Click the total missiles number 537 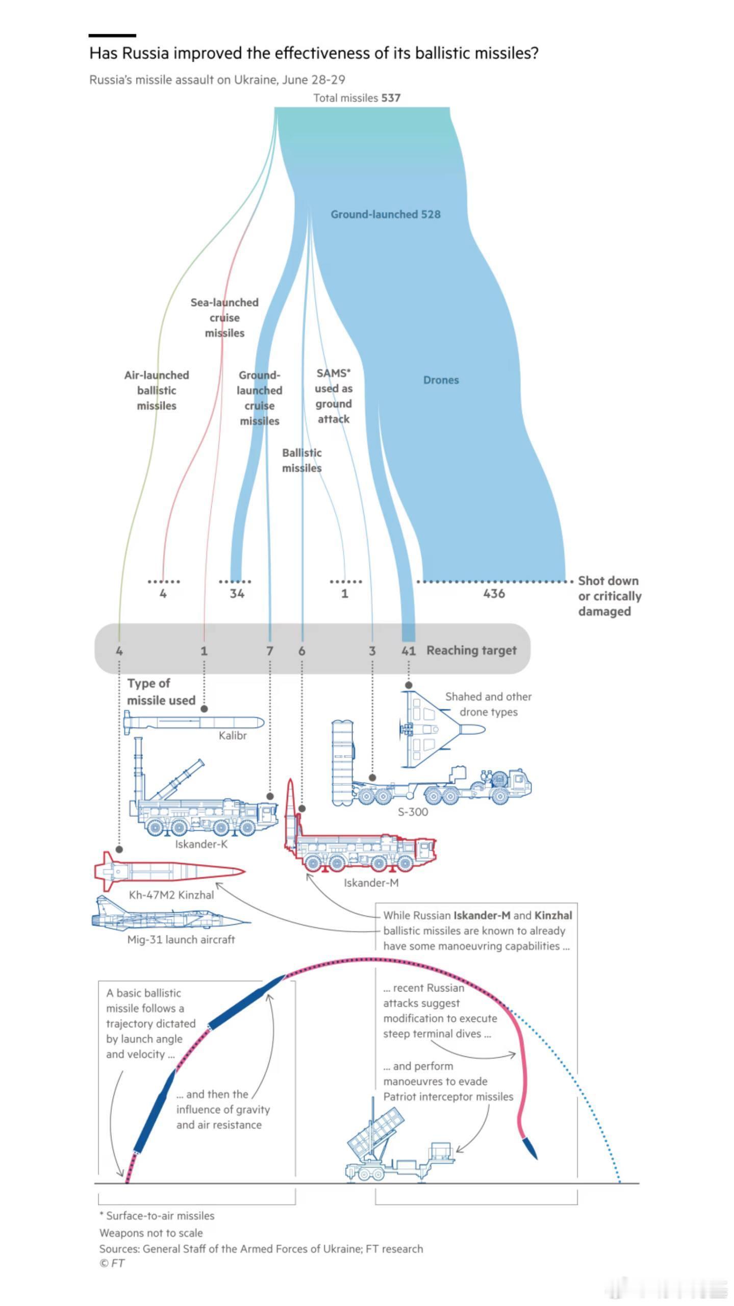click(391, 98)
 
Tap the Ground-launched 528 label click(385, 214)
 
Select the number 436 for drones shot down click(494, 594)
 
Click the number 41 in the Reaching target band click(409, 651)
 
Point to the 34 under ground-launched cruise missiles click(237, 594)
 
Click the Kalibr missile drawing click(194, 722)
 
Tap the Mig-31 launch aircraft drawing click(168, 918)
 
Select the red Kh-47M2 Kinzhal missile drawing click(168, 871)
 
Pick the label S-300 click(413, 812)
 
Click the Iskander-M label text click(371, 883)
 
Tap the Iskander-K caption click(201, 844)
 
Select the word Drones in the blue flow click(441, 380)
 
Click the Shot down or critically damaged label click(609, 596)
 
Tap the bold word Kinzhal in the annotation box click(553, 916)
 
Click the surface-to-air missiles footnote click(157, 1216)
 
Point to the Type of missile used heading click(161, 692)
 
